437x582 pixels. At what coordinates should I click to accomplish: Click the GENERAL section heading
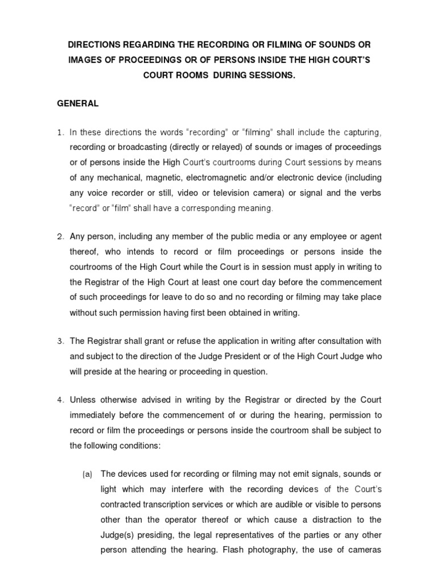[77, 103]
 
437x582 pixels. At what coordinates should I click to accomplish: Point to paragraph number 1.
[60, 133]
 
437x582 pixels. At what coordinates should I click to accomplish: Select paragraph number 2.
[60, 236]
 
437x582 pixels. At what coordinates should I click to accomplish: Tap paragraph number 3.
[60, 341]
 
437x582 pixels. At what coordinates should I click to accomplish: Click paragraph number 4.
[60, 401]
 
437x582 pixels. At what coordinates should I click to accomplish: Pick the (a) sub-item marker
[87, 474]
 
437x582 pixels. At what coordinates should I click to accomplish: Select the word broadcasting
[134, 148]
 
